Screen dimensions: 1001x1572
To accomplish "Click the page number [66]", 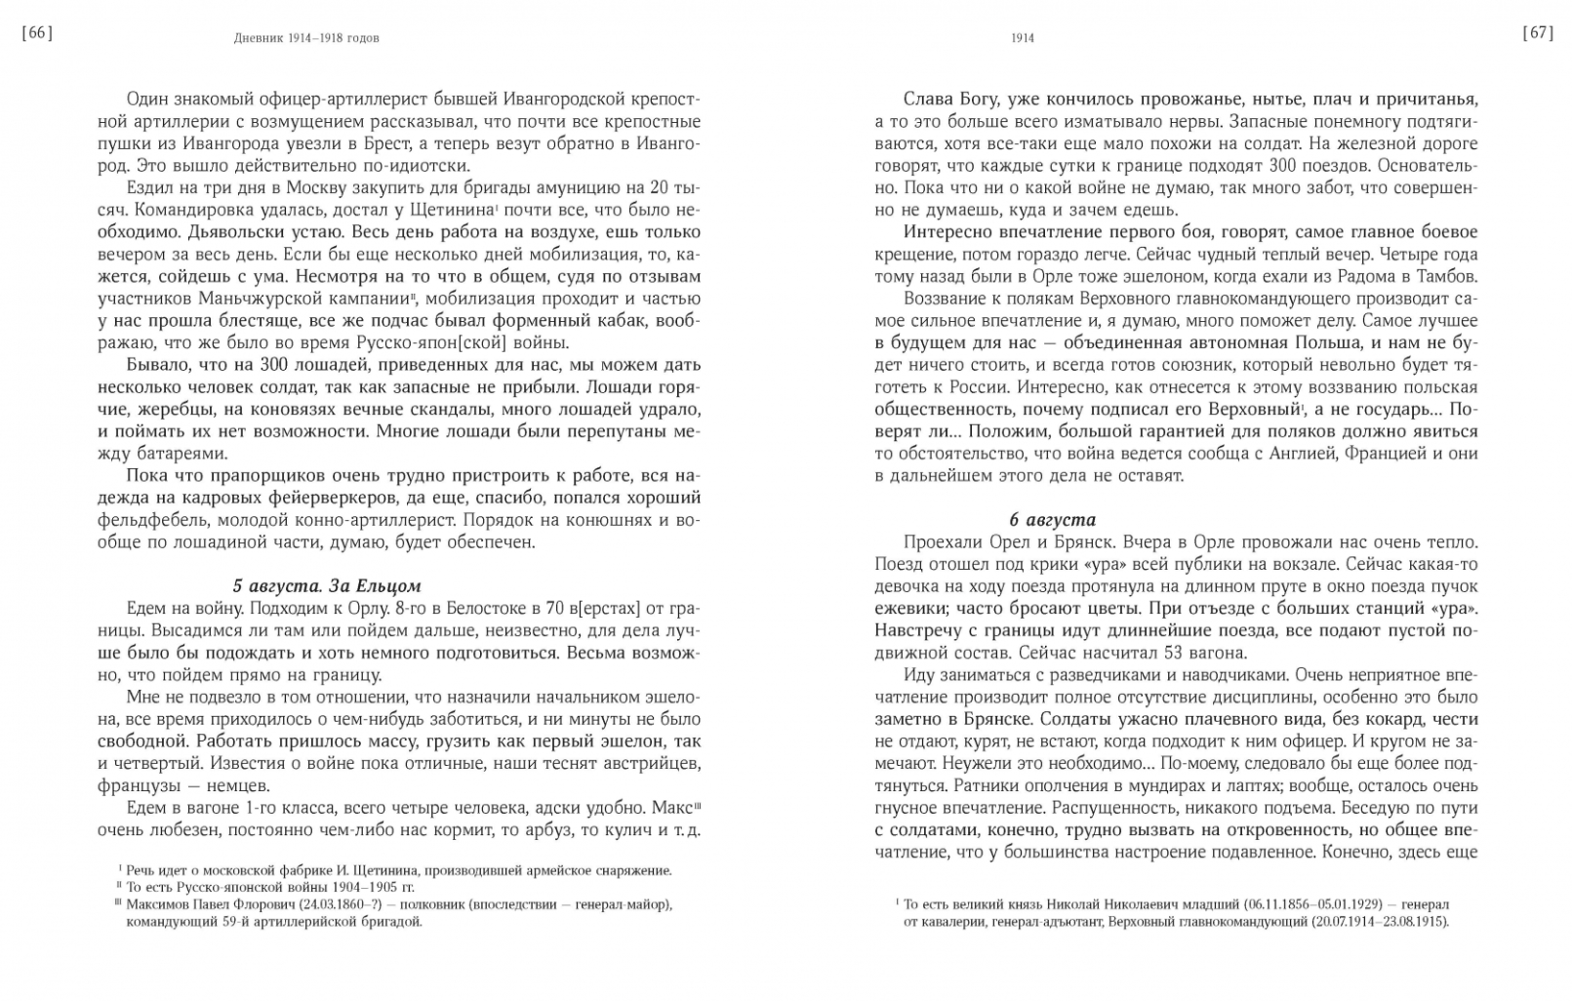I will coord(37,34).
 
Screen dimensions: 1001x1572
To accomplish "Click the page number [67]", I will coord(1537,34).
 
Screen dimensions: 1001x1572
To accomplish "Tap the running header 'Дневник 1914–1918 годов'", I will coord(306,38).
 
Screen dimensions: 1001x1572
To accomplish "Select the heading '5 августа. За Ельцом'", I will coord(327,585).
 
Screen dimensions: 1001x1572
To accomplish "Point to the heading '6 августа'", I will coord(1052,519).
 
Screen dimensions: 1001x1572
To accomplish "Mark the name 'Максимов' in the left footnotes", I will coord(156,904).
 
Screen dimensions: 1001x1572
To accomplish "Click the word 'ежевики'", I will coord(907,608).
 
